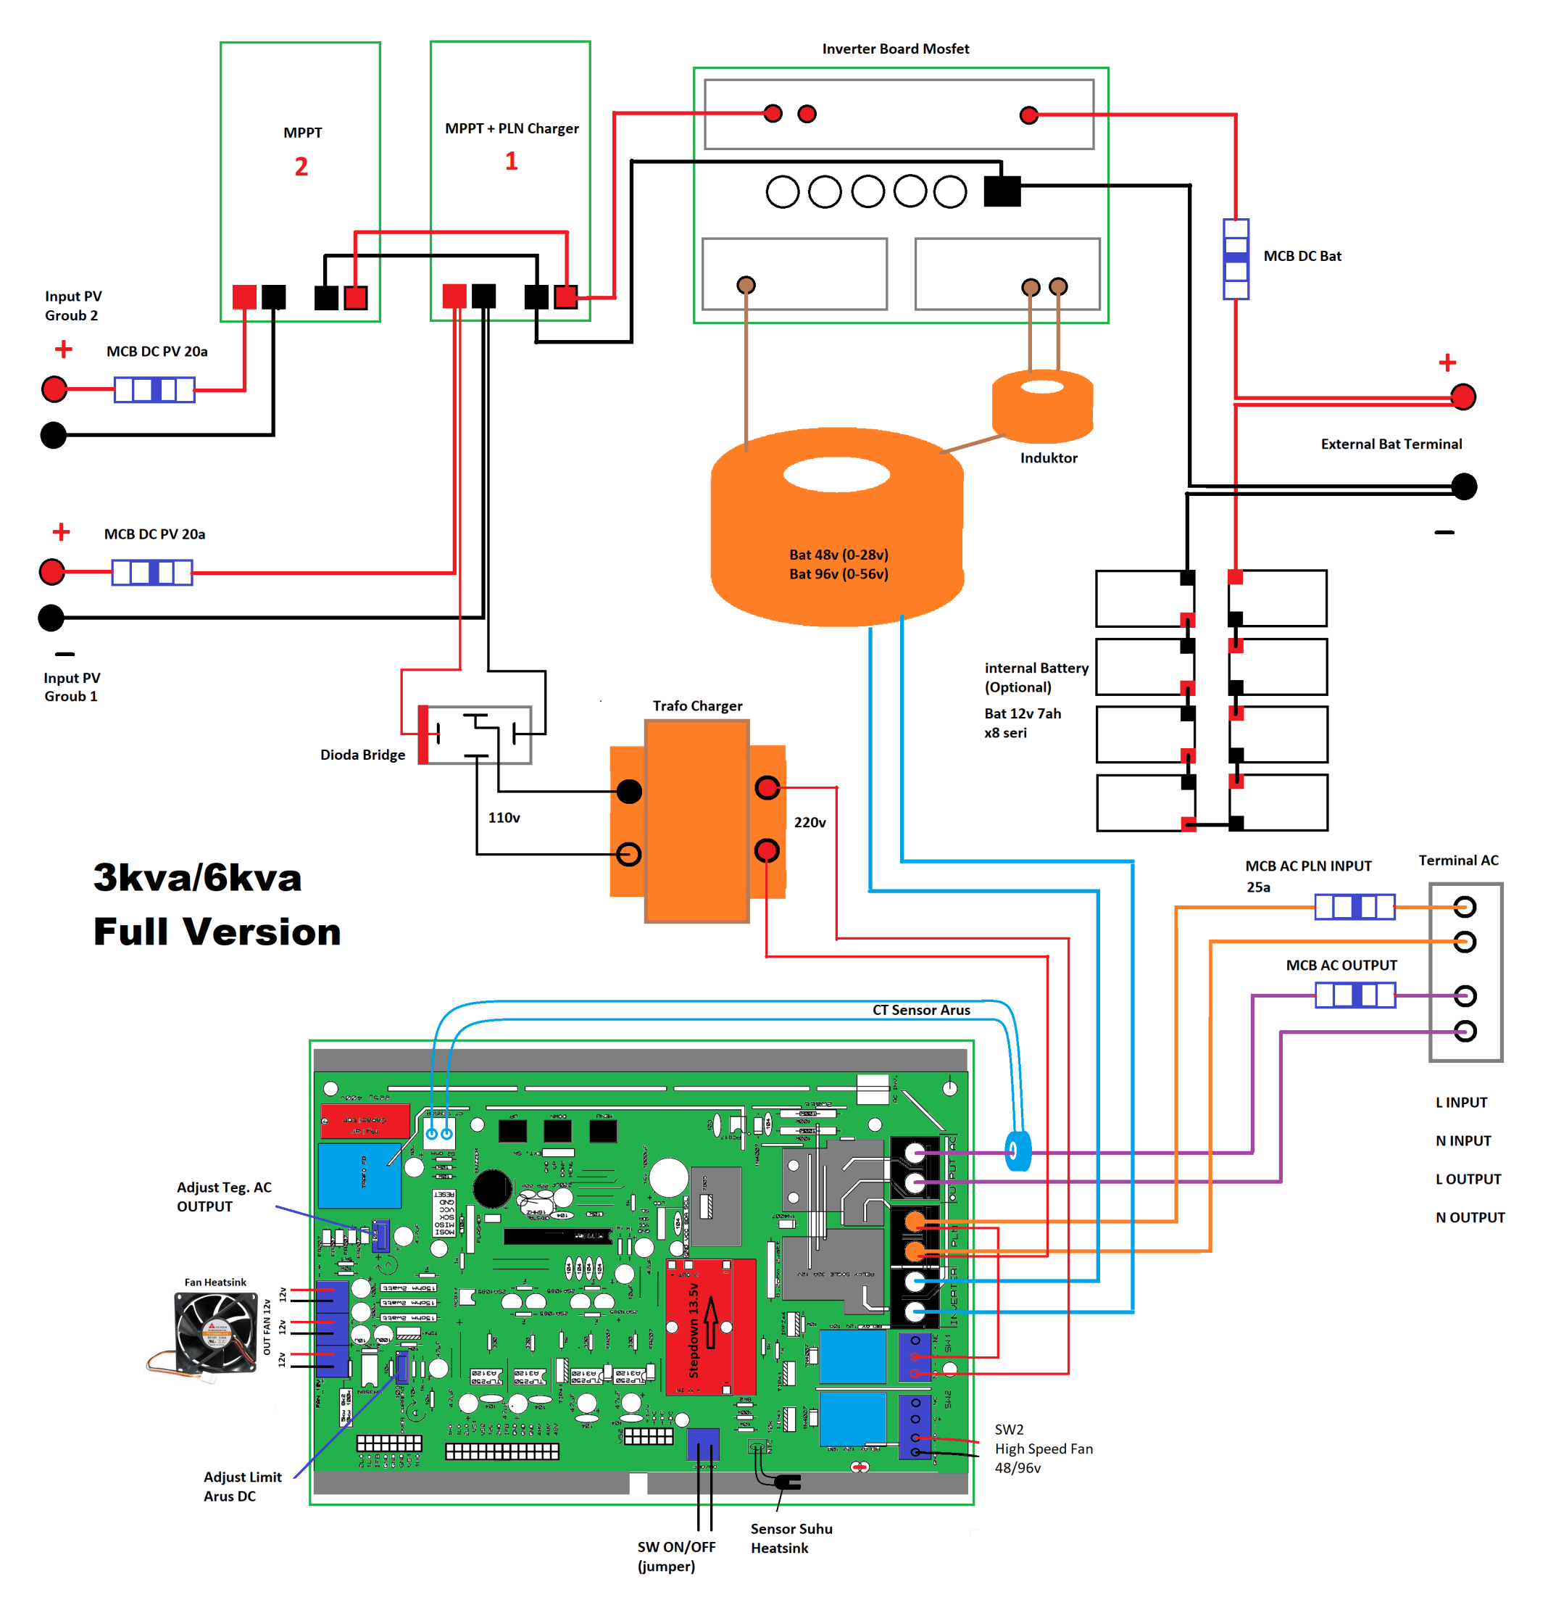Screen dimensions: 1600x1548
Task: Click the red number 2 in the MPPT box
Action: tap(301, 167)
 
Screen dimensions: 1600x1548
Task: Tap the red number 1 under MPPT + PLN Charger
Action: tap(512, 161)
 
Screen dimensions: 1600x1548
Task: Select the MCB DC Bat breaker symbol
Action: tap(1236, 259)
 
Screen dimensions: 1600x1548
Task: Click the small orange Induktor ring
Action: tap(1042, 406)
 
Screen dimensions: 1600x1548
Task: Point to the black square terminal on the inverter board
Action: tap(1002, 191)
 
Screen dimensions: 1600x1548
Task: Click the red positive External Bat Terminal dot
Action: tap(1463, 397)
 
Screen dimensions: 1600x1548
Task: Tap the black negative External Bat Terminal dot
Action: tap(1464, 486)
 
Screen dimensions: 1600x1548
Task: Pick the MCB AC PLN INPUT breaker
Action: tap(1354, 907)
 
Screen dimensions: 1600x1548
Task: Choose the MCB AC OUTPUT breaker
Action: tap(1354, 995)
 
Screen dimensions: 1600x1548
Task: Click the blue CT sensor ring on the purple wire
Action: tap(1018, 1151)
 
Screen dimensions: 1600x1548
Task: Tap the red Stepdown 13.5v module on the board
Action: tap(711, 1327)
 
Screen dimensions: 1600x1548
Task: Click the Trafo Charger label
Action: tap(697, 706)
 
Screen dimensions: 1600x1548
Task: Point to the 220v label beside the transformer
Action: tap(810, 823)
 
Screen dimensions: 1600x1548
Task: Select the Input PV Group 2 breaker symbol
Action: tap(154, 389)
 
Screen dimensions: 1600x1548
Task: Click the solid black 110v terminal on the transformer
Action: tap(629, 791)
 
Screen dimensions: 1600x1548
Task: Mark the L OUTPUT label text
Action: tap(1468, 1180)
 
